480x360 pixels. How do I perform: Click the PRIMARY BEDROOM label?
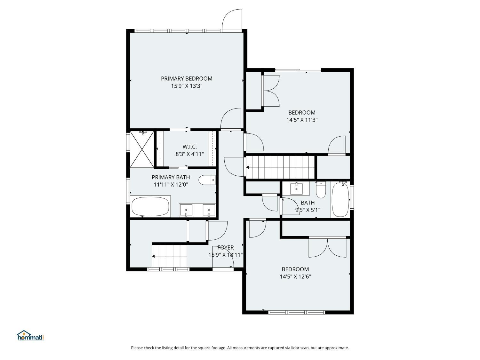tap(187, 79)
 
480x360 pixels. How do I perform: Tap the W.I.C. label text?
tap(189, 147)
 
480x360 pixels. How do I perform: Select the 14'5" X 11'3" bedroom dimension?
tap(302, 120)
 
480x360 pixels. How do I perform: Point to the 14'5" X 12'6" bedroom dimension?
tap(295, 277)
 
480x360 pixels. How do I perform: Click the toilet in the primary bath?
tap(207, 180)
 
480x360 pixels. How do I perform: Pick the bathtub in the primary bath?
tap(150, 206)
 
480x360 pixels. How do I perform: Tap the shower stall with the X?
tap(142, 149)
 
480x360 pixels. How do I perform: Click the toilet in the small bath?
tap(321, 190)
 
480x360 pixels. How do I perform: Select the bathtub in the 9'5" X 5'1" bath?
tap(340, 200)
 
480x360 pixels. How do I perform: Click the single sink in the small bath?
tap(296, 189)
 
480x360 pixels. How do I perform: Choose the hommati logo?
tap(31, 335)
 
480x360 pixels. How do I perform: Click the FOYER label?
tap(226, 248)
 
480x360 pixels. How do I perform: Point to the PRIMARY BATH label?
tap(171, 177)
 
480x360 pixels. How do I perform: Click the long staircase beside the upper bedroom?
tap(281, 167)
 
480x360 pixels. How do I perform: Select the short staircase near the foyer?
tap(170, 256)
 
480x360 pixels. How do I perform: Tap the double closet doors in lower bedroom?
tap(327, 248)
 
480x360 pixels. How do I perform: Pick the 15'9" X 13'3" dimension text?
tap(187, 86)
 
